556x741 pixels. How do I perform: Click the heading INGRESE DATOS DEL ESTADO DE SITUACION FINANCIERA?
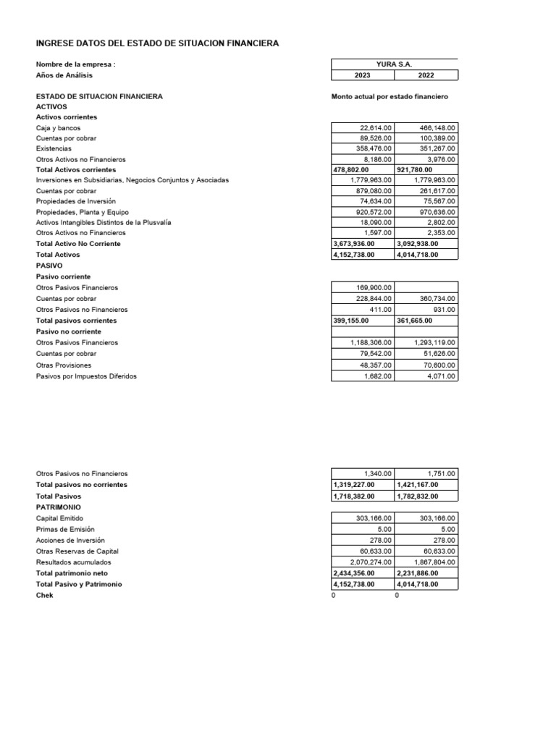[157, 44]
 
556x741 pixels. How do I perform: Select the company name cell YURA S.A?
[395, 64]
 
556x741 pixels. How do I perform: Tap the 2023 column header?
[363, 75]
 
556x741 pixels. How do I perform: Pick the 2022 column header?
[426, 75]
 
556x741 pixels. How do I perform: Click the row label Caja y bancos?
[59, 127]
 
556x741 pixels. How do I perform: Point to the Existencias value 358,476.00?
[371, 148]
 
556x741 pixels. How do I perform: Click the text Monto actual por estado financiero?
[390, 96]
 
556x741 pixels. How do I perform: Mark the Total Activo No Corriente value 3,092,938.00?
[418, 244]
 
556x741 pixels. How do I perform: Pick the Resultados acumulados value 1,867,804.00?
[434, 562]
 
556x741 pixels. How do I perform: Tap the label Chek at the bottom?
[44, 595]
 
